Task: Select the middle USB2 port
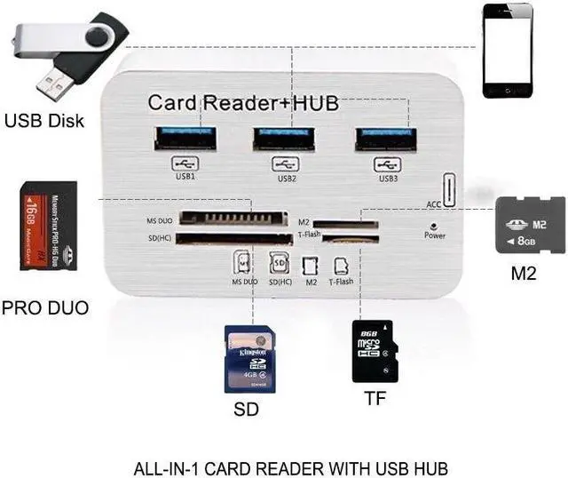point(286,139)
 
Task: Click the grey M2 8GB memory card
point(530,226)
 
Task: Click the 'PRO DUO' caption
point(44,309)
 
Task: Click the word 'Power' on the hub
point(435,235)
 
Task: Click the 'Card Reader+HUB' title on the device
point(242,103)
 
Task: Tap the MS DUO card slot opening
point(233,218)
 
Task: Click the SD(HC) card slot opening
point(234,238)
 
